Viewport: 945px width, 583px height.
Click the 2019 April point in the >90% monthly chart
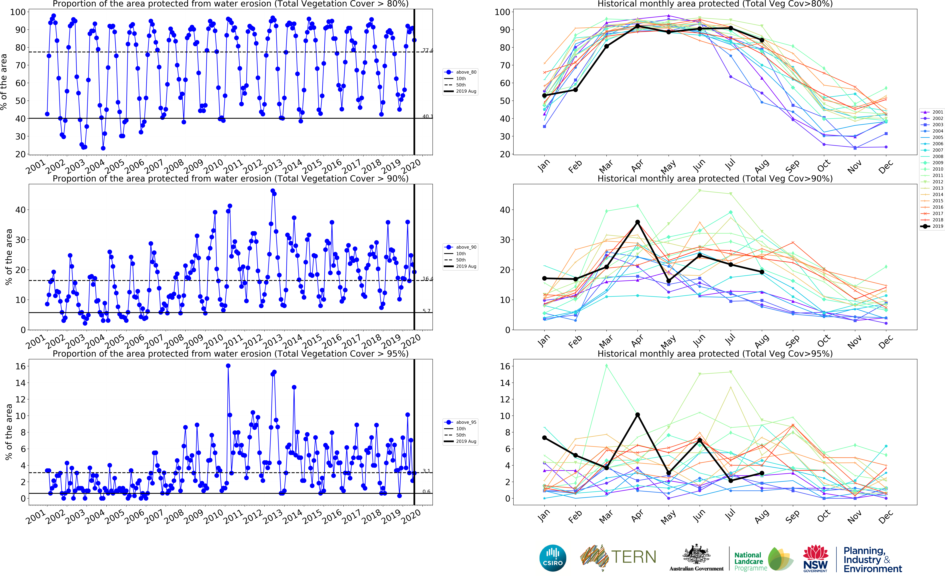click(638, 222)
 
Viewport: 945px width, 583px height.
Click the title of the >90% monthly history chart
click(715, 179)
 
